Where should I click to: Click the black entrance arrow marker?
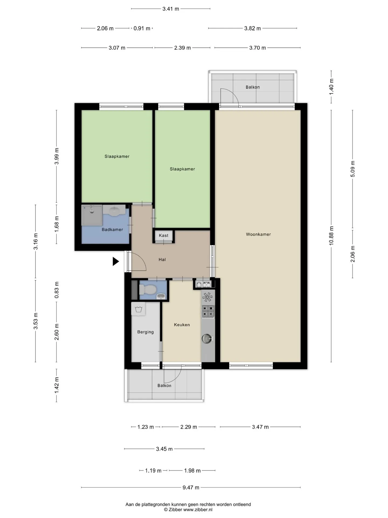116,261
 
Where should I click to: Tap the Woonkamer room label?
258,234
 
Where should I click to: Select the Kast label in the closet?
164,236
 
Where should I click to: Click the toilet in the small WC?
148,290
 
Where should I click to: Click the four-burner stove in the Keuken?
208,311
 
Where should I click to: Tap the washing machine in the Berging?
138,309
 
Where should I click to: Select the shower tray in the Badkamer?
92,215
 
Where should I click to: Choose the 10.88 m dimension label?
331,236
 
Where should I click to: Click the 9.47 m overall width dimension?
191,488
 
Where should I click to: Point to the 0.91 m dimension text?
142,28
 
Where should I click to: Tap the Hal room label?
162,260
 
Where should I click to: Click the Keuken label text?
182,325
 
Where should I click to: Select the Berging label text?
145,332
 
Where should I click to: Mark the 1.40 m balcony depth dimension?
331,86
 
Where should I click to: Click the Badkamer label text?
112,230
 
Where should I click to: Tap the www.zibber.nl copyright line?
188,510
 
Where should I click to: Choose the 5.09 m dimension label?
352,169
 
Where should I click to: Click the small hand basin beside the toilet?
161,297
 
